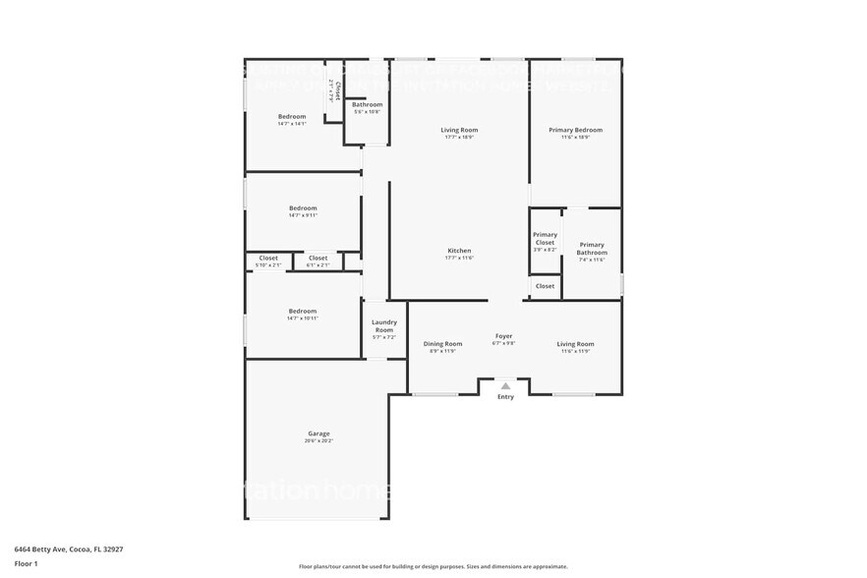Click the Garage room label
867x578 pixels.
click(x=318, y=433)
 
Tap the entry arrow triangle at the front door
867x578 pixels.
click(x=505, y=386)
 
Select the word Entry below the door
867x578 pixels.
click(x=505, y=397)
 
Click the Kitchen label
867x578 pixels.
click(x=459, y=251)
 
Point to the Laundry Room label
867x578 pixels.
click(x=383, y=325)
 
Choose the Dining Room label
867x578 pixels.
click(x=442, y=344)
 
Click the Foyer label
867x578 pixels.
click(x=503, y=336)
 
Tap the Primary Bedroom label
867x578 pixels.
click(x=575, y=130)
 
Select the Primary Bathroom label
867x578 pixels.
click(x=592, y=249)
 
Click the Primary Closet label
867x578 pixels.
click(x=545, y=238)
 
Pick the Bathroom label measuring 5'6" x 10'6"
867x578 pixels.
click(x=367, y=104)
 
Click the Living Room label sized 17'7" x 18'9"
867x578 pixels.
click(x=459, y=130)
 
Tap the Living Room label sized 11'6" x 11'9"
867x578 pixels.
click(x=575, y=344)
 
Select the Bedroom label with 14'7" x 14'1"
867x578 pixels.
click(x=292, y=116)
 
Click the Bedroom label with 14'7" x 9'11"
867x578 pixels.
click(x=303, y=207)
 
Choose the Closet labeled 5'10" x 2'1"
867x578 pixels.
click(x=268, y=258)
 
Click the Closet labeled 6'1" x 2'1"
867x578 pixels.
click(x=318, y=258)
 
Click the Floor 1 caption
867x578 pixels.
click(x=26, y=563)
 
